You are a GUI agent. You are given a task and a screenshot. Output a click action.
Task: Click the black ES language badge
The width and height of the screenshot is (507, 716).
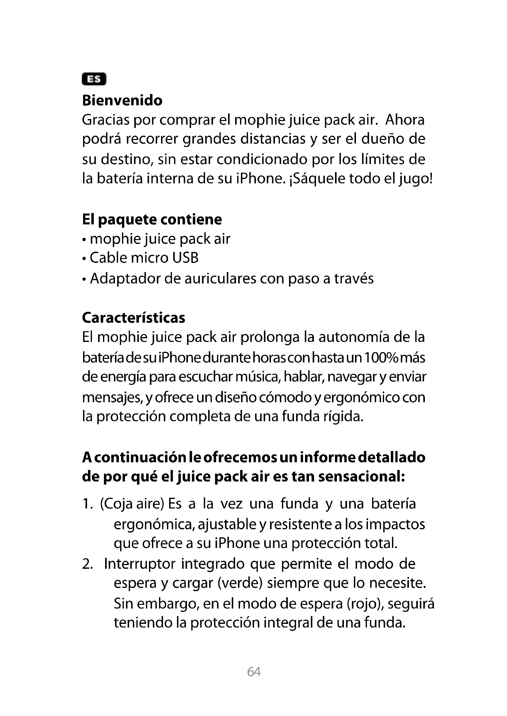(94, 79)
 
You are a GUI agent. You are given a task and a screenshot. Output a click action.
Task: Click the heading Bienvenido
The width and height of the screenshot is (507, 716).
(122, 101)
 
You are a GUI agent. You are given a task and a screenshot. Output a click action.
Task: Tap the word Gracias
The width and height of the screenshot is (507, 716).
(105, 120)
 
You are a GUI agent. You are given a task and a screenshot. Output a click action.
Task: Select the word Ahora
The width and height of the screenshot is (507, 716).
(405, 120)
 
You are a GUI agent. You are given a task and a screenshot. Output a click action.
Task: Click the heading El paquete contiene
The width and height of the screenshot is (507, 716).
(152, 219)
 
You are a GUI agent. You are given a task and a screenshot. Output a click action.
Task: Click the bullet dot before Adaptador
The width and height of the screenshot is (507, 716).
(84, 279)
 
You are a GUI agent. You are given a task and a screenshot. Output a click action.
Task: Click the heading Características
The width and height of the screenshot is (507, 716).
(134, 318)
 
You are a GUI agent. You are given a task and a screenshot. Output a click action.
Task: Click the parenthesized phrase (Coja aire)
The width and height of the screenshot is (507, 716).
(132, 504)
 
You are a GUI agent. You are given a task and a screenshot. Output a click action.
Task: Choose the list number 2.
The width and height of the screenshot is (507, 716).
(87, 564)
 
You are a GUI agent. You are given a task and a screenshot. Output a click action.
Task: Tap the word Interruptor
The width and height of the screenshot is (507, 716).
(140, 564)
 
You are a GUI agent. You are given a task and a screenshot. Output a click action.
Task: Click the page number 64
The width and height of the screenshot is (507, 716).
(254, 671)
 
